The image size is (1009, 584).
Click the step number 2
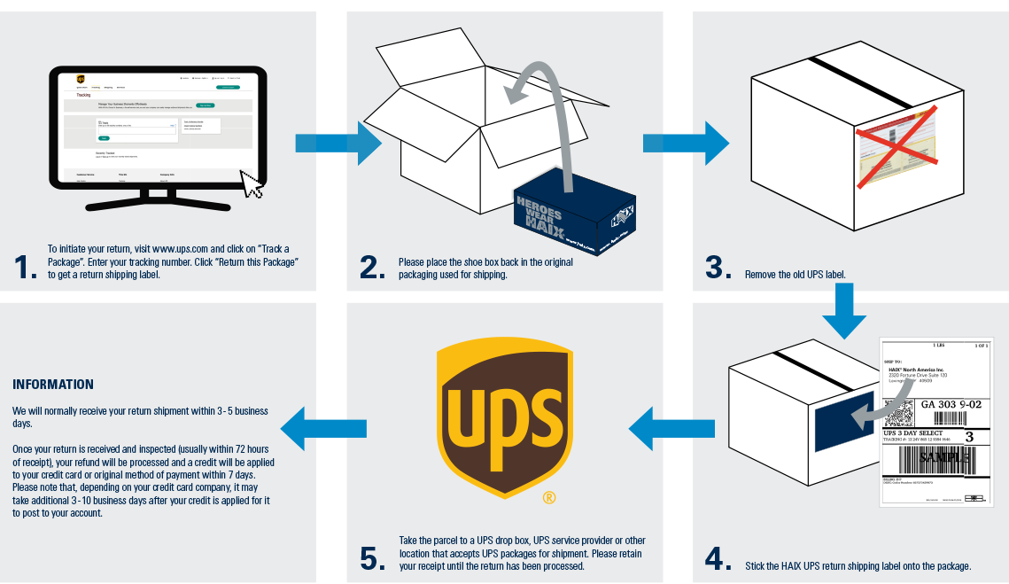tap(372, 268)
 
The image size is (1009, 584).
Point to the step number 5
tap(373, 559)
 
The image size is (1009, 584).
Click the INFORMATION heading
tap(53, 385)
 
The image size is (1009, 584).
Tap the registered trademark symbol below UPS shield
tap(549, 498)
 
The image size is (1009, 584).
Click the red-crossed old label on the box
tap(896, 145)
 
